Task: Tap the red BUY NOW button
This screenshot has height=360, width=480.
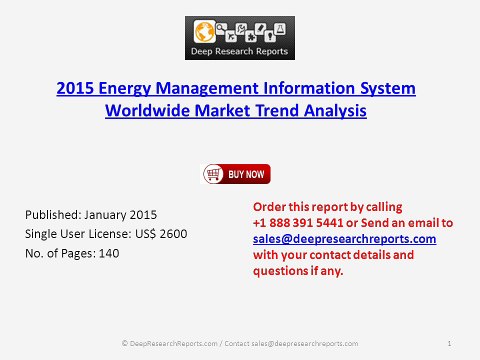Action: [x=247, y=174]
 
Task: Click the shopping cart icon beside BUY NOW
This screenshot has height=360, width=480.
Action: [x=213, y=174]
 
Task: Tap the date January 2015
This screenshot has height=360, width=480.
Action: [x=124, y=215]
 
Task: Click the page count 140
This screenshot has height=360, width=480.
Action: [x=102, y=253]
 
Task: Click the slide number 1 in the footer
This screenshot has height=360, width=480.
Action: [x=452, y=343]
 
